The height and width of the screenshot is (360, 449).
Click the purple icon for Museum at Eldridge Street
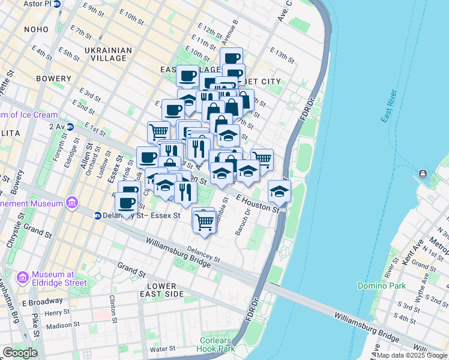tap(23, 277)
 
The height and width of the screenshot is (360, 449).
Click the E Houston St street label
tap(258, 203)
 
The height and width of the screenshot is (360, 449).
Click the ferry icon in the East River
tap(423, 174)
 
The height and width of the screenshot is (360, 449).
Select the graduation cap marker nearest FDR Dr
tap(279, 191)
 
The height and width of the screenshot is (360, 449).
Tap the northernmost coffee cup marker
tap(232, 58)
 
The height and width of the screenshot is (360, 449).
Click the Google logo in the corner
tap(20, 353)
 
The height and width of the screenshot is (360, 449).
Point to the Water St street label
tap(162, 348)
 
